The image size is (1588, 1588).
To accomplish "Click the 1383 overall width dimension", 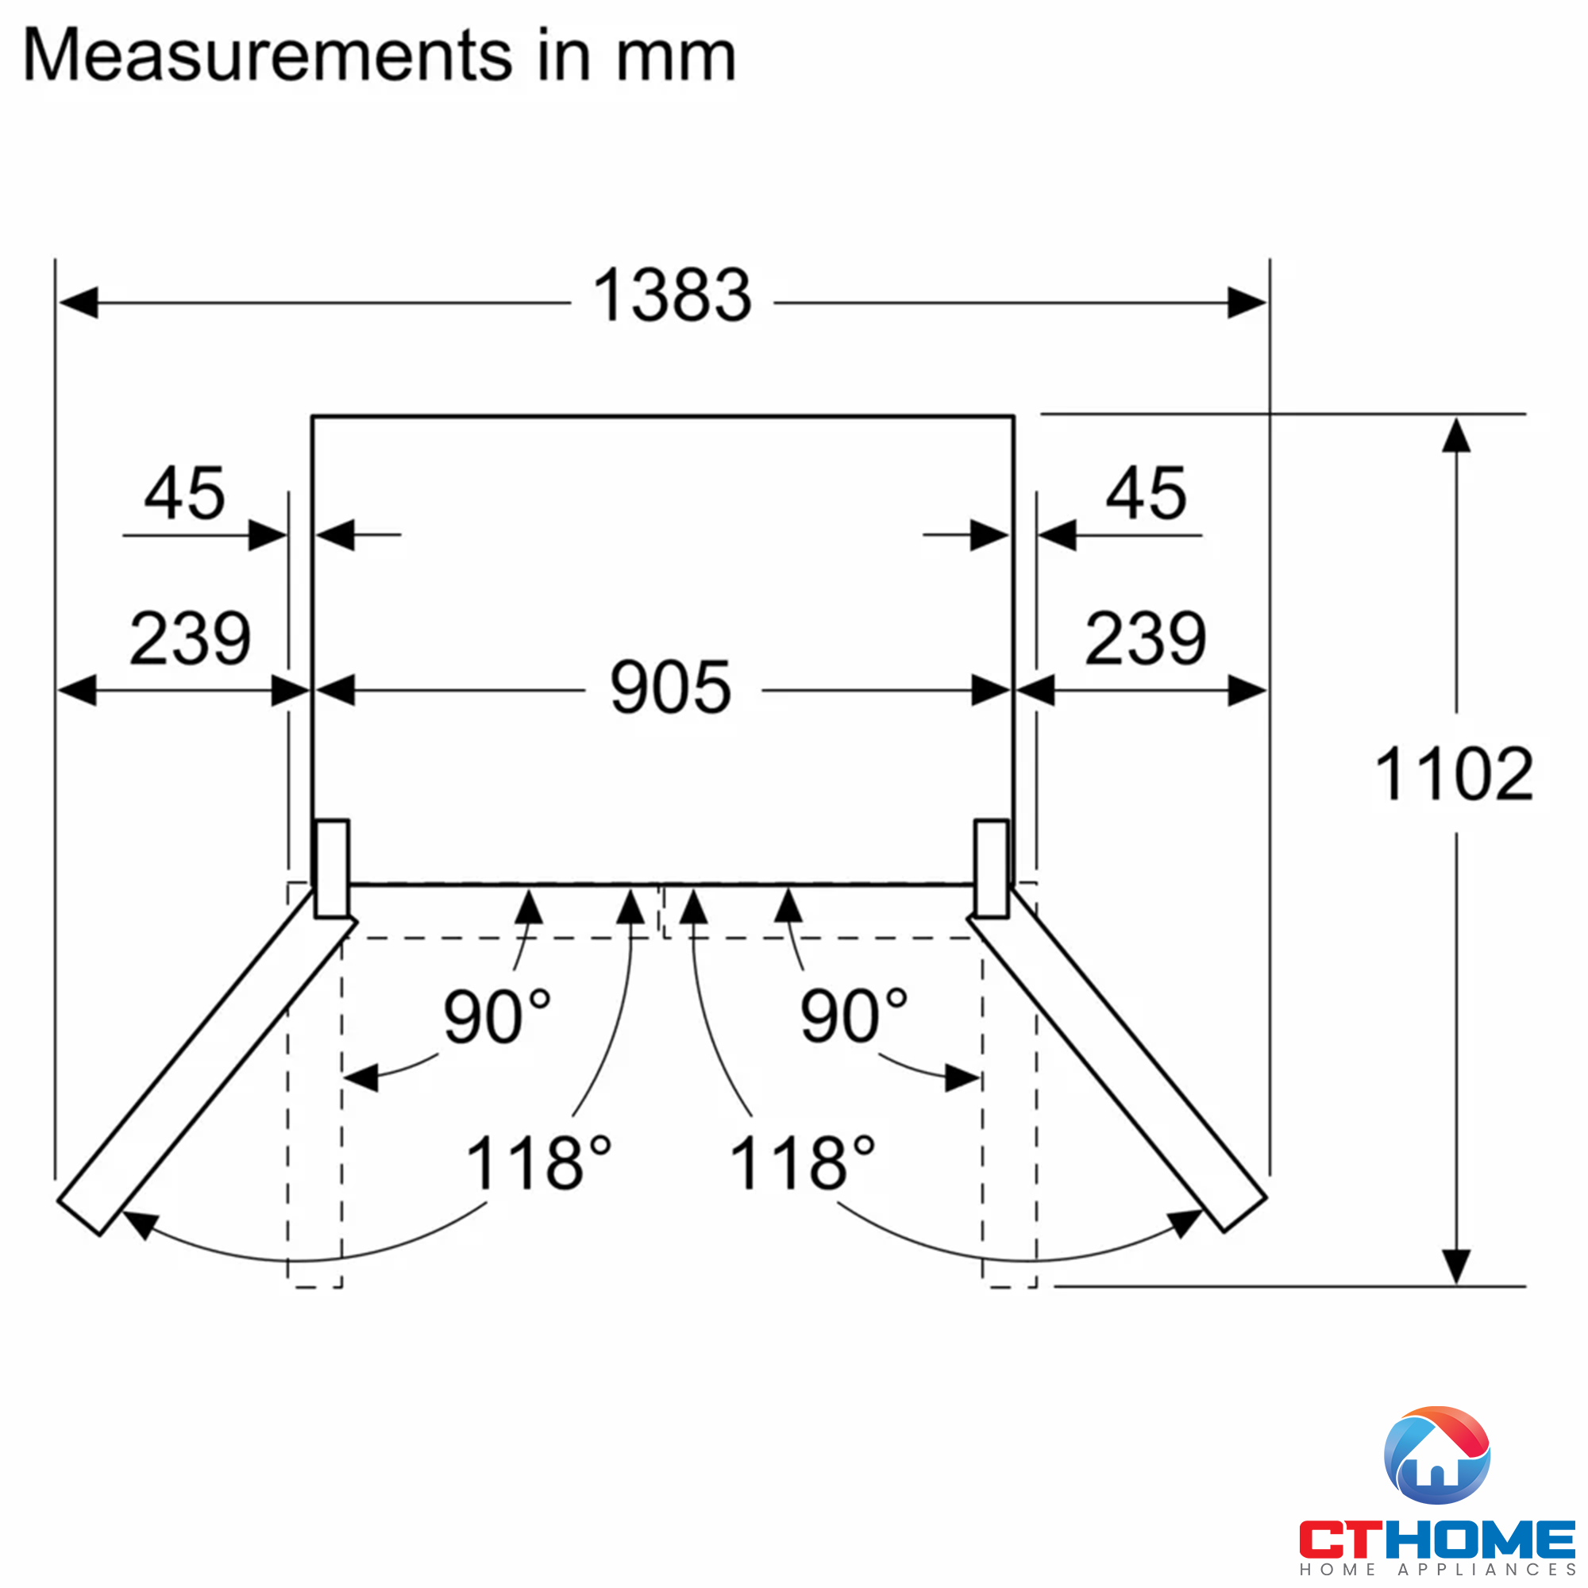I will tap(672, 295).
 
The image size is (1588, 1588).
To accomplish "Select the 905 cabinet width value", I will tap(670, 687).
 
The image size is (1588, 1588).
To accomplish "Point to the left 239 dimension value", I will tap(190, 638).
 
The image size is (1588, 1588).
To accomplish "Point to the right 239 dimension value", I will tap(1145, 638).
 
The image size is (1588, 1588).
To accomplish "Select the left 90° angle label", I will tap(496, 1017).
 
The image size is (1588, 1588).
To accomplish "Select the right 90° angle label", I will tap(854, 1017).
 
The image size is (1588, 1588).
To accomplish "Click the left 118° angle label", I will tap(538, 1163).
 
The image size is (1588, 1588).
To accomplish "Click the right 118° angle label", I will tap(802, 1163).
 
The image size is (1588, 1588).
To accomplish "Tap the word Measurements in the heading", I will tap(267, 56).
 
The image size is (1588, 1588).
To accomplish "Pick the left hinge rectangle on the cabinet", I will tap(332, 868).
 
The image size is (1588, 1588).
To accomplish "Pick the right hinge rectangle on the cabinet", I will tap(991, 868).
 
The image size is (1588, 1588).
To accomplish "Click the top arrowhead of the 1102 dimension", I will tap(1455, 436).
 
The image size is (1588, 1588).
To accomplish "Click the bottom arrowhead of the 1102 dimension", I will tap(1455, 1266).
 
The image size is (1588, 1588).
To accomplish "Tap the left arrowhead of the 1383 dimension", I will tap(78, 303).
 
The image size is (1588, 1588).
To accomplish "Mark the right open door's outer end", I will tap(1243, 1213).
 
